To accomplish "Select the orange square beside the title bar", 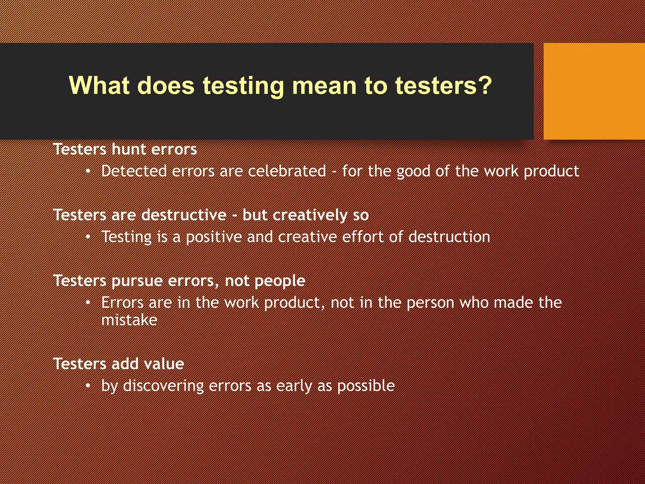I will [x=594, y=91].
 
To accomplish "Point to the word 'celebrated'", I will [x=287, y=171].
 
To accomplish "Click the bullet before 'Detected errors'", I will [x=88, y=171].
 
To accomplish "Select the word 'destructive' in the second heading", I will [x=184, y=215].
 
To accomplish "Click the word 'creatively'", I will [x=310, y=216].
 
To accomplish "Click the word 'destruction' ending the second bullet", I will [x=449, y=237].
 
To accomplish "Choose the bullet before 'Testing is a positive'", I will [x=88, y=237].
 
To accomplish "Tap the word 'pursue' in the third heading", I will [x=137, y=281].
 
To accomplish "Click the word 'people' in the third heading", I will [x=280, y=281].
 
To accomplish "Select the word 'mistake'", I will [x=129, y=320].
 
